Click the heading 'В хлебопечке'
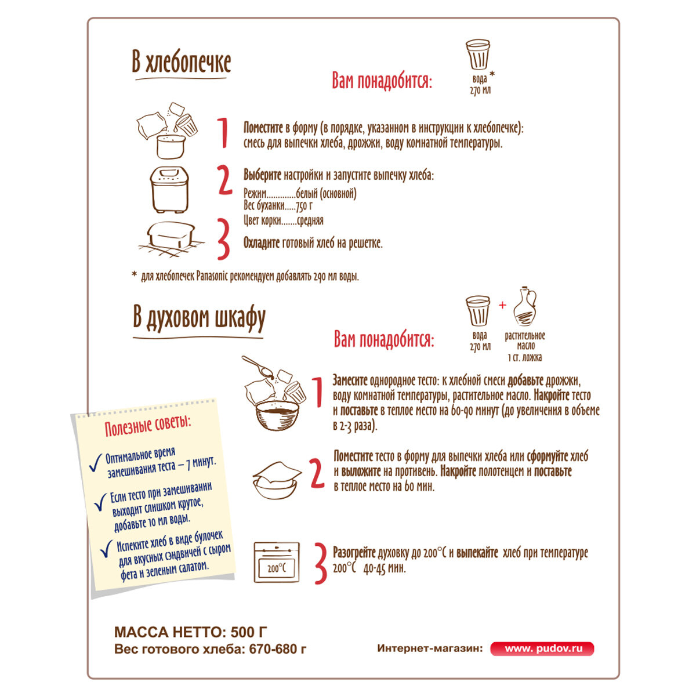(x=181, y=63)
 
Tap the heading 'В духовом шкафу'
(x=199, y=319)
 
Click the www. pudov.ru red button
(x=542, y=648)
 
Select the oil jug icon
(x=525, y=306)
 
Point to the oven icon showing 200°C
(x=277, y=562)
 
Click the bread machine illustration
(x=169, y=189)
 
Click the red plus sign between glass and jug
(x=502, y=305)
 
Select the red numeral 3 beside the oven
(x=320, y=563)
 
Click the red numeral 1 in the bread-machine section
(x=223, y=133)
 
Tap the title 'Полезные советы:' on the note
(x=148, y=426)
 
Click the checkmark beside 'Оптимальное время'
(x=96, y=462)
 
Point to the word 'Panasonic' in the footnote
(x=212, y=277)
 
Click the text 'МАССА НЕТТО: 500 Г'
(x=191, y=632)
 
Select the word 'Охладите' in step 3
(x=262, y=243)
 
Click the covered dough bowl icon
(x=277, y=480)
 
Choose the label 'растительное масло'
(x=525, y=341)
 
